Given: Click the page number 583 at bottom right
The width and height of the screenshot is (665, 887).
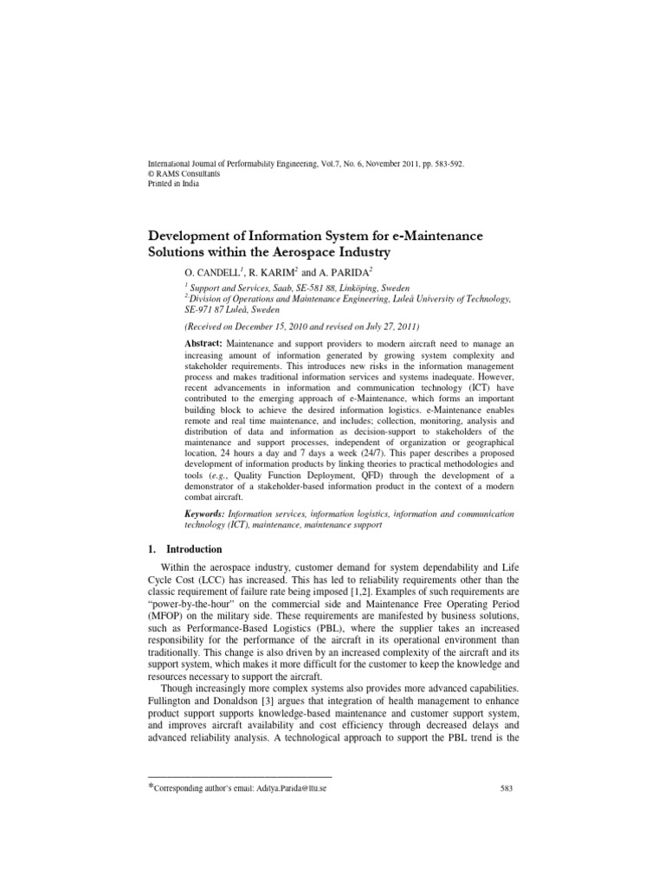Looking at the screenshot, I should pyautogui.click(x=508, y=788).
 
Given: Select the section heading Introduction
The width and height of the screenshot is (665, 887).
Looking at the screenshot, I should pyautogui.click(x=194, y=549).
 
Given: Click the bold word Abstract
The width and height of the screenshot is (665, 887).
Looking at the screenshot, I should pyautogui.click(x=203, y=344).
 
